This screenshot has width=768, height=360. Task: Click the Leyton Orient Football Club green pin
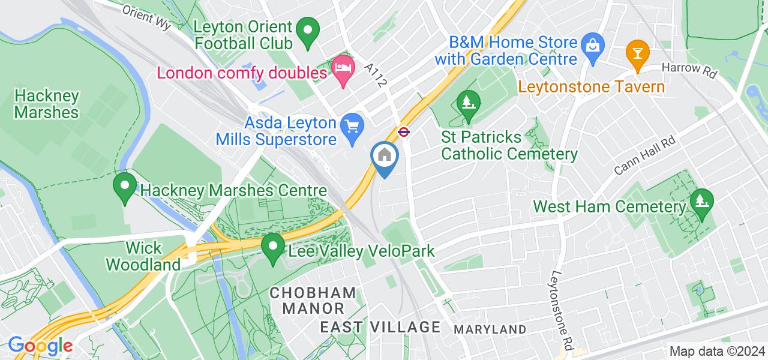[308, 34]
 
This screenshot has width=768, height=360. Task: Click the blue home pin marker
[385, 157]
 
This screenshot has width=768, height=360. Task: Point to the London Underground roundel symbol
[404, 131]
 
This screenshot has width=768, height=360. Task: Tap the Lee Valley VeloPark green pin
[274, 248]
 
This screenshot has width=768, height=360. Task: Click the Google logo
[40, 346]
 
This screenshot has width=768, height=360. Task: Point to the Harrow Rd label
[690, 70]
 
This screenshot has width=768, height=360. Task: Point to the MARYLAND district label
[490, 329]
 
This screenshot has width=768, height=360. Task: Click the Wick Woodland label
[152, 256]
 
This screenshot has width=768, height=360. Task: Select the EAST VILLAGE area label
[380, 327]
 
